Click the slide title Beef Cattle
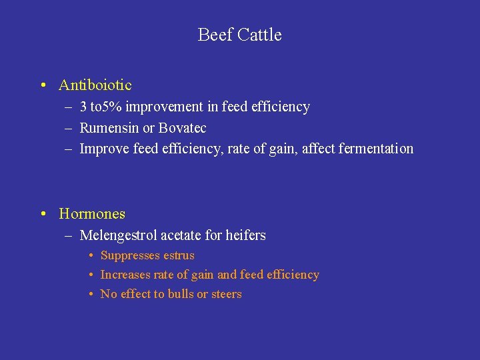click(239, 35)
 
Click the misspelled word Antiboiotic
click(95, 85)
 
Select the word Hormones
click(92, 214)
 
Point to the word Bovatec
click(183, 128)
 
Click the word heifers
click(245, 235)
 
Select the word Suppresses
click(130, 256)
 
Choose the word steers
click(227, 294)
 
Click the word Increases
click(125, 275)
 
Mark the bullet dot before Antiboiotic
click(43, 85)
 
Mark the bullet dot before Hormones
click(43, 214)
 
